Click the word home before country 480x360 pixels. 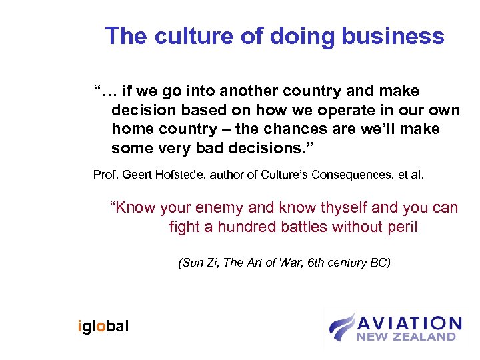(132, 129)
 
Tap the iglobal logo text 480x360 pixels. (103, 326)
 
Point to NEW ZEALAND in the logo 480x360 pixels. (406, 337)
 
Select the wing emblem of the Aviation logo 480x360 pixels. (341, 326)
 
